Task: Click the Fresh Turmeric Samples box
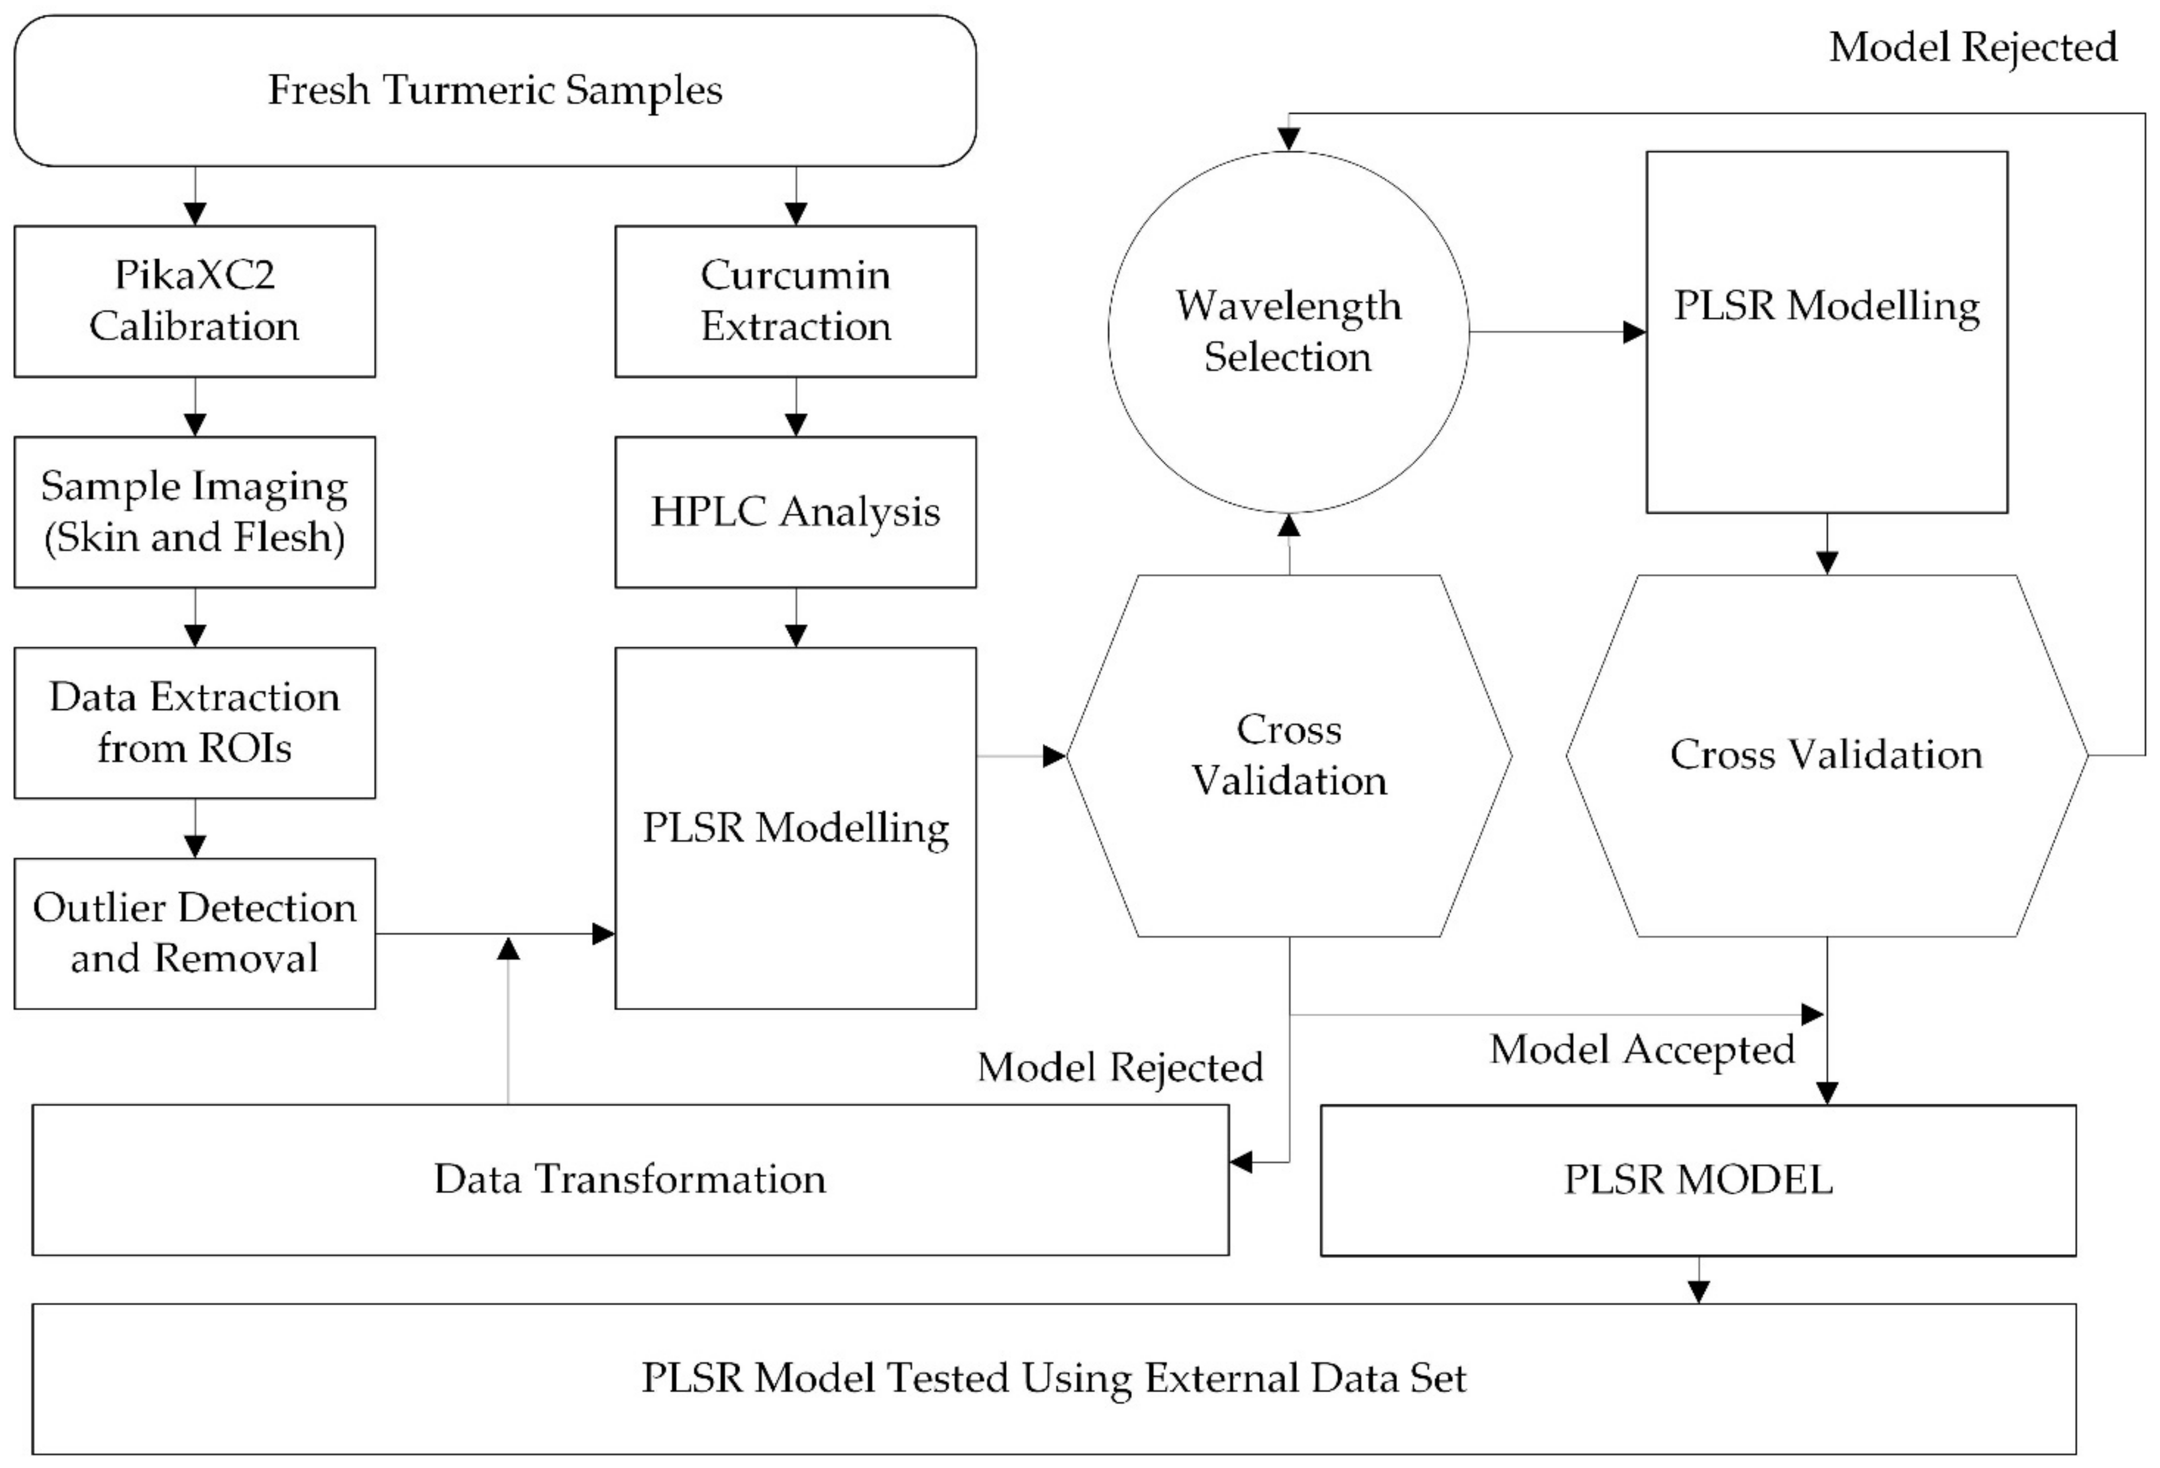pyautogui.click(x=495, y=90)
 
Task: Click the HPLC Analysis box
pyautogui.click(x=795, y=511)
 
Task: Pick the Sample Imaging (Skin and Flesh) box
pyautogui.click(x=194, y=511)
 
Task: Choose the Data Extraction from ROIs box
pyautogui.click(x=194, y=722)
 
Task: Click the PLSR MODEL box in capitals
pyautogui.click(x=1697, y=1179)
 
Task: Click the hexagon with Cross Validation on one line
pyautogui.click(x=1826, y=755)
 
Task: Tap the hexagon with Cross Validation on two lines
pyautogui.click(x=1288, y=755)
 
